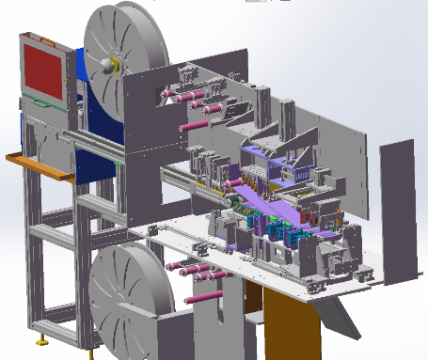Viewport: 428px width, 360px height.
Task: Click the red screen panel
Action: tap(43, 70)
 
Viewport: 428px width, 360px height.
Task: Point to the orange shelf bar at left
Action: tap(38, 164)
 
